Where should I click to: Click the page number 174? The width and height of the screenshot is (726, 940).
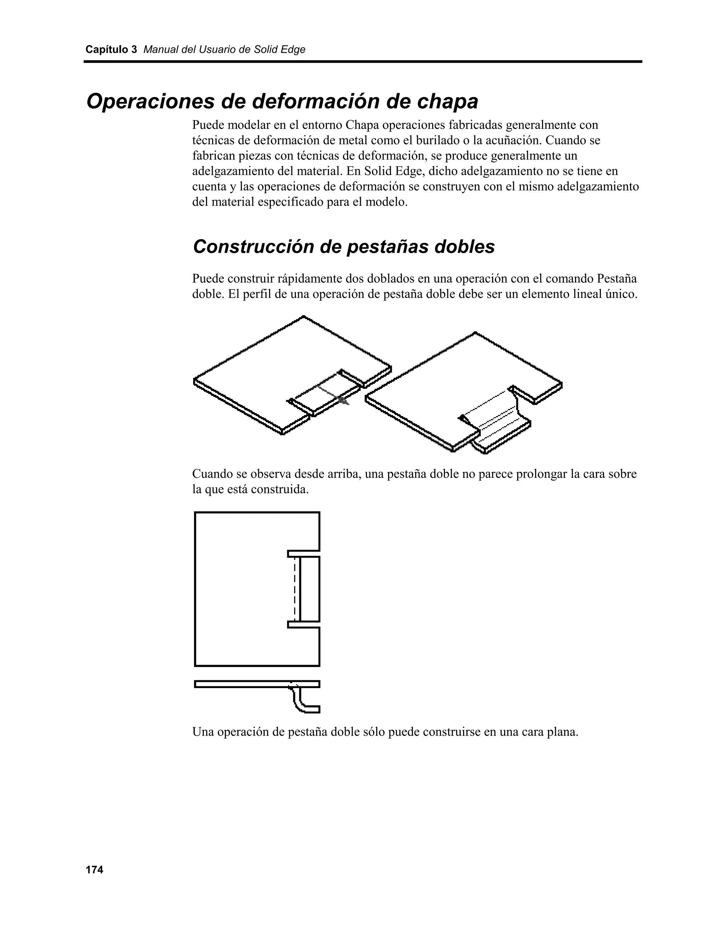point(94,870)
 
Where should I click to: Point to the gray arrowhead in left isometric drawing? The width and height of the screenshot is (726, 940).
point(343,400)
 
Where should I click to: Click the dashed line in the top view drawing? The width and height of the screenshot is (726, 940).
point(295,589)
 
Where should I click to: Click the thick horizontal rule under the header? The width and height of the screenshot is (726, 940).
point(363,62)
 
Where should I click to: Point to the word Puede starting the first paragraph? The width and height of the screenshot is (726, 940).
point(208,125)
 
